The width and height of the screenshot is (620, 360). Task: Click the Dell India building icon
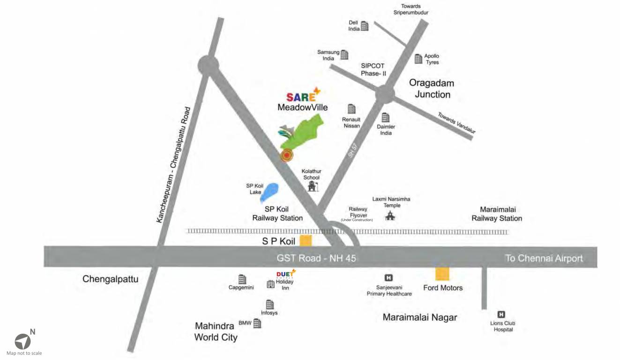click(365, 26)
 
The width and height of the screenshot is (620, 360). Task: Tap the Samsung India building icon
click(344, 55)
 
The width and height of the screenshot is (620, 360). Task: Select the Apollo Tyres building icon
click(418, 59)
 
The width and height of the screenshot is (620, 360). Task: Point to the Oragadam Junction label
click(432, 89)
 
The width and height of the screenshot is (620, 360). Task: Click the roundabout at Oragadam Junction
click(384, 94)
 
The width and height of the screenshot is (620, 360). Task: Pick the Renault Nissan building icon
click(351, 109)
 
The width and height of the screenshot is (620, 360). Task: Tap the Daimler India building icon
click(386, 117)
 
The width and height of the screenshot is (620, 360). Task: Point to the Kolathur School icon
click(312, 186)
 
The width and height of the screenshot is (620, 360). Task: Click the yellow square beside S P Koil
click(306, 240)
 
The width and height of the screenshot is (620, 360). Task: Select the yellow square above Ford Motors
click(442, 274)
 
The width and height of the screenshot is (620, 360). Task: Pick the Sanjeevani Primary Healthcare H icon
click(388, 278)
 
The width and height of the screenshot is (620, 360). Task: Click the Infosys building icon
click(270, 304)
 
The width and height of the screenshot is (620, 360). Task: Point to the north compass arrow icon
click(22, 341)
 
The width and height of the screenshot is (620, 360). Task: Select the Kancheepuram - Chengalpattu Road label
click(174, 165)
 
